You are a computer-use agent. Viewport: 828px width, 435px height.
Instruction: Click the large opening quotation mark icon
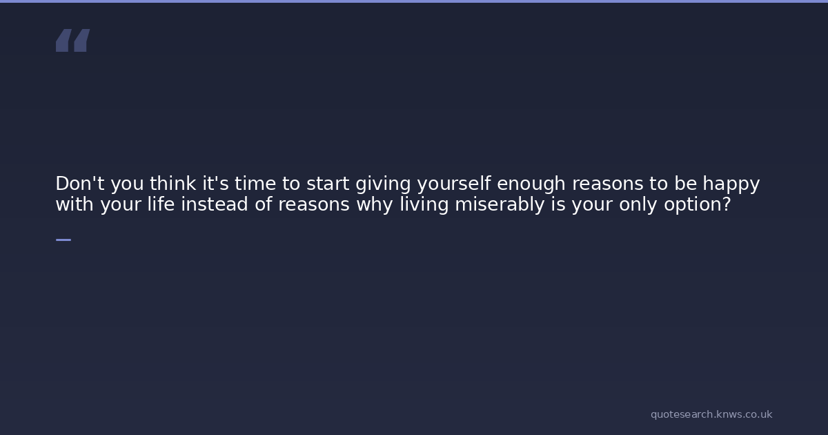[73, 40]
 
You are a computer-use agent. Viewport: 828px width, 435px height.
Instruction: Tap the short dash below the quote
[63, 240]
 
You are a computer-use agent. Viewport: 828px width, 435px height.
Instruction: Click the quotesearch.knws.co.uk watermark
[711, 414]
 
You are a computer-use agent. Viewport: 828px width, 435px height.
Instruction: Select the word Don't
[80, 184]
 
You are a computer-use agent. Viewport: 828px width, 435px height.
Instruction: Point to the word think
[172, 184]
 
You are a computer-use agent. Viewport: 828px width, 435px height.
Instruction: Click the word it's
[215, 184]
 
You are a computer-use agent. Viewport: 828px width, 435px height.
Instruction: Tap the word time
[255, 184]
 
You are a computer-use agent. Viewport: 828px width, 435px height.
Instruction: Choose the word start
[328, 184]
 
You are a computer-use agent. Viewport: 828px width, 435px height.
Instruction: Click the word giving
[384, 184]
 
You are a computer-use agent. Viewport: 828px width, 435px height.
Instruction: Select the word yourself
[454, 184]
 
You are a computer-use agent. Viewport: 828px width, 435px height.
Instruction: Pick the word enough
[531, 184]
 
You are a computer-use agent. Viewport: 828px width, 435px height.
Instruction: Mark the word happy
[731, 184]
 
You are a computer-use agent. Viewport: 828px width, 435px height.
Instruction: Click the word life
[161, 204]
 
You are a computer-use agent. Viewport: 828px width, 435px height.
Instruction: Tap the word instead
[215, 204]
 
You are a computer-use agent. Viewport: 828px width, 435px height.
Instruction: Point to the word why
[375, 205]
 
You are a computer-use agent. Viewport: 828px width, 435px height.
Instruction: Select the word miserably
[500, 205]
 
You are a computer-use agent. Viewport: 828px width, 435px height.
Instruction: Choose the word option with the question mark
[698, 205]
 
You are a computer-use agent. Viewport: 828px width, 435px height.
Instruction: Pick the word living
[424, 205]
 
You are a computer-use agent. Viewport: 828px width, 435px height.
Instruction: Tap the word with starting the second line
[75, 204]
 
